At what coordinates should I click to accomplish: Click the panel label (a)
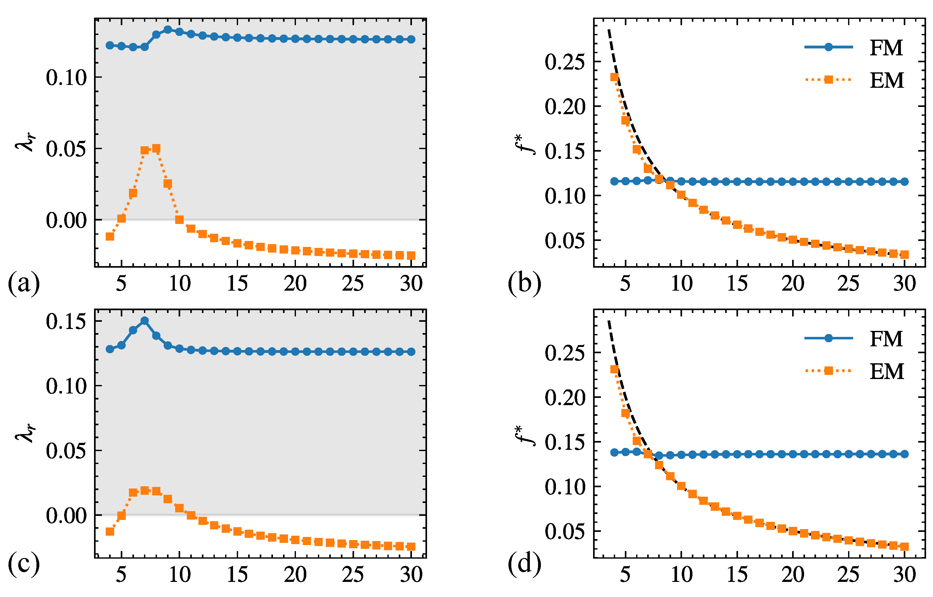[x=24, y=283]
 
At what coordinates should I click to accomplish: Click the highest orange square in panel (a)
[x=156, y=148]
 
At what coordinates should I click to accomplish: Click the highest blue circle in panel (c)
[x=145, y=321]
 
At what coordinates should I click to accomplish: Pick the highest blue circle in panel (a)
[x=168, y=30]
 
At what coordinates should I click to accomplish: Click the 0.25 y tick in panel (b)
[x=564, y=62]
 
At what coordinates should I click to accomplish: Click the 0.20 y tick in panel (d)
[x=564, y=397]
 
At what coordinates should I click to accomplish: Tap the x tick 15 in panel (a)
[x=237, y=283]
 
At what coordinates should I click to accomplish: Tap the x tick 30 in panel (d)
[x=904, y=575]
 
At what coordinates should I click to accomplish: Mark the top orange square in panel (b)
[x=614, y=77]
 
